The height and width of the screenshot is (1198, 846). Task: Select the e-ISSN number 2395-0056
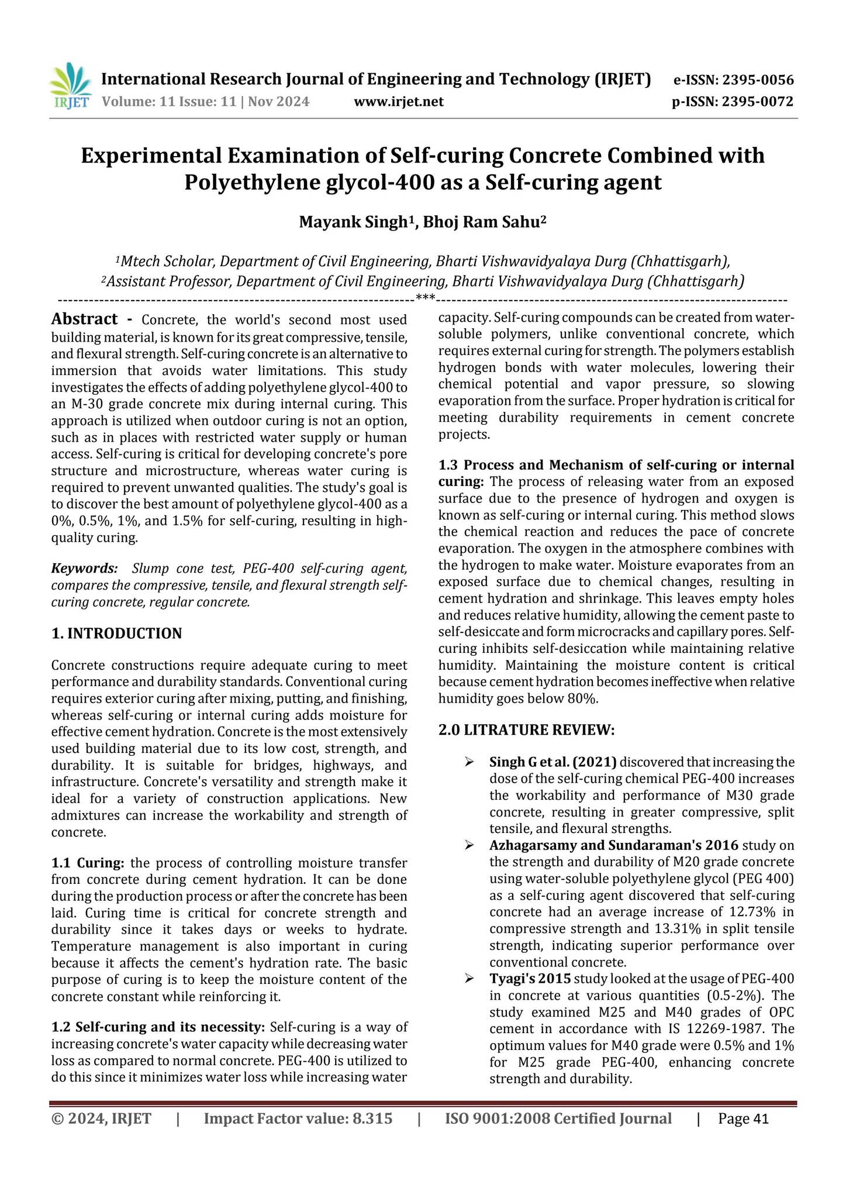(758, 80)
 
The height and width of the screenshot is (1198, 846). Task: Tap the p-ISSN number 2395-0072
(758, 102)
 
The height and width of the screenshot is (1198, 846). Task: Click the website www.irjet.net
(399, 102)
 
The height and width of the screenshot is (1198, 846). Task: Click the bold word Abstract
(85, 319)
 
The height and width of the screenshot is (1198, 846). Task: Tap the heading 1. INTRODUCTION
(117, 634)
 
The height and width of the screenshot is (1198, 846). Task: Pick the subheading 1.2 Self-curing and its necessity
(158, 1027)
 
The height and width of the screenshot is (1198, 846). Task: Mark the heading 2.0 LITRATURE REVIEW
(526, 730)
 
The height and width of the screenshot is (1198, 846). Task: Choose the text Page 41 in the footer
(743, 1119)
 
